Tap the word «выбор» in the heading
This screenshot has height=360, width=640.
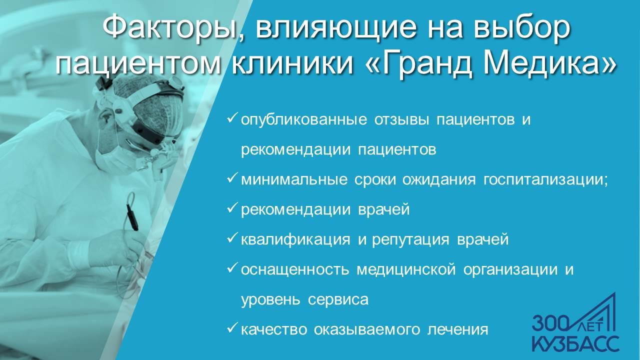521,28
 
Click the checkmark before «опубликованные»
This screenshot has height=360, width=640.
232,118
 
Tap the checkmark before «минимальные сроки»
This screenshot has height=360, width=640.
232,178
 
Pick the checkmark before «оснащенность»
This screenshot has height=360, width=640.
232,268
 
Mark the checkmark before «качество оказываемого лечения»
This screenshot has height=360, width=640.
232,328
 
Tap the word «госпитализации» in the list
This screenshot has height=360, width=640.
543,179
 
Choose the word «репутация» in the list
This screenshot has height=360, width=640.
410,239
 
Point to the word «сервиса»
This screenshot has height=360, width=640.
338,299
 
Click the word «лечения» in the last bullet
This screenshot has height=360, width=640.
458,329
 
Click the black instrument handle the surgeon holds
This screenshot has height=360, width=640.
132,216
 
